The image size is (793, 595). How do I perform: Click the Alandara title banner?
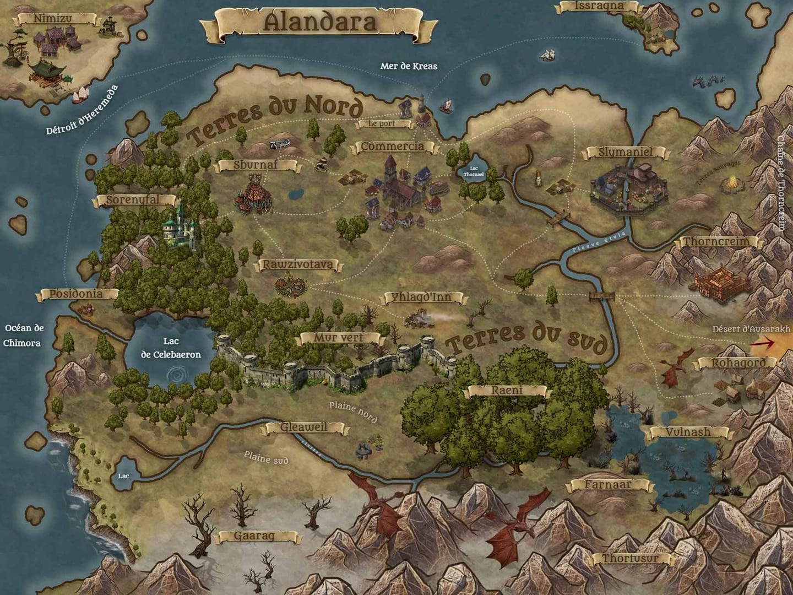[319, 23]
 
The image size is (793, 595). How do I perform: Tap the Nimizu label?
[52, 19]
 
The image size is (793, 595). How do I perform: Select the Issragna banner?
[599, 6]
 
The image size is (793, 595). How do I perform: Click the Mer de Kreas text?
[409, 66]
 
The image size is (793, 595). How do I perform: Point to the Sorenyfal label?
[132, 200]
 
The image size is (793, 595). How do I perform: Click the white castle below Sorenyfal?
[181, 227]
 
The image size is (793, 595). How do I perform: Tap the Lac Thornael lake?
[473, 171]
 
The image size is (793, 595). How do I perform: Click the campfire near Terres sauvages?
[732, 182]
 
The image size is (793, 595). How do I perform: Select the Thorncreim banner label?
[716, 241]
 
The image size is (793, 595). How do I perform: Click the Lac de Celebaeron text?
[171, 348]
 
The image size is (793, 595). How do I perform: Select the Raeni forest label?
[507, 391]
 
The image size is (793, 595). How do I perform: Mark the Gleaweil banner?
[304, 428]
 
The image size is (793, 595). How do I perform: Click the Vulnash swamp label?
[688, 432]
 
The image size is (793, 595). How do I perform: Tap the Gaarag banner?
[254, 536]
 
